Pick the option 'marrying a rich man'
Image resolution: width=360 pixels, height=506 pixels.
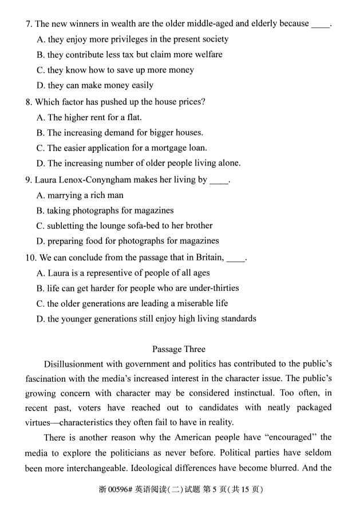85,195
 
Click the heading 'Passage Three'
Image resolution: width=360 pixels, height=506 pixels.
179,349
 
